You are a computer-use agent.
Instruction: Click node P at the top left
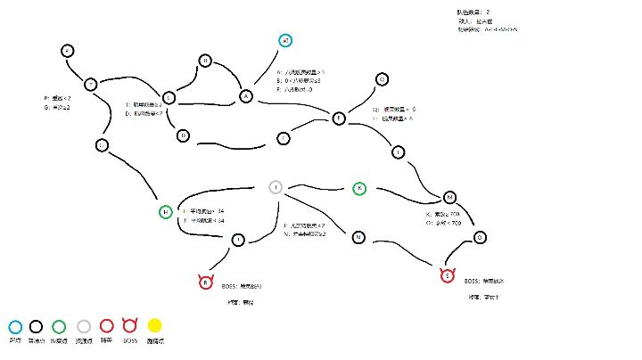coord(67,51)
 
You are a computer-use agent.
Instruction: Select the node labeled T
coord(90,84)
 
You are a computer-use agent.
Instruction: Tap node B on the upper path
coord(205,61)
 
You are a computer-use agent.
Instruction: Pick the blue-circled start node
coord(284,41)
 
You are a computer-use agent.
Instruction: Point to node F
coord(339,119)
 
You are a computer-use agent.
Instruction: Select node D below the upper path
coord(183,135)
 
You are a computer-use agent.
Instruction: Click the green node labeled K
coord(359,188)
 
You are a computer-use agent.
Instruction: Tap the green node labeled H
coord(165,212)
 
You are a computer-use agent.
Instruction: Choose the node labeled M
coord(449,197)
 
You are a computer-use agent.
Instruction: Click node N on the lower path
coord(358,237)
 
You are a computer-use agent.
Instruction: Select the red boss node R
coord(206,282)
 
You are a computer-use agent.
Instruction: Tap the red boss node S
coord(447,275)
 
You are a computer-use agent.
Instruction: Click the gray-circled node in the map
coord(276,186)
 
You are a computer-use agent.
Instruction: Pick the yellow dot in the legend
coord(155,327)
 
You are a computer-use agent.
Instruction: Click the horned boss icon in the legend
coord(129,327)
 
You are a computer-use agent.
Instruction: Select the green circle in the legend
coord(61,327)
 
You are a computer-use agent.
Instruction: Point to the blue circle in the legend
coord(14,327)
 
